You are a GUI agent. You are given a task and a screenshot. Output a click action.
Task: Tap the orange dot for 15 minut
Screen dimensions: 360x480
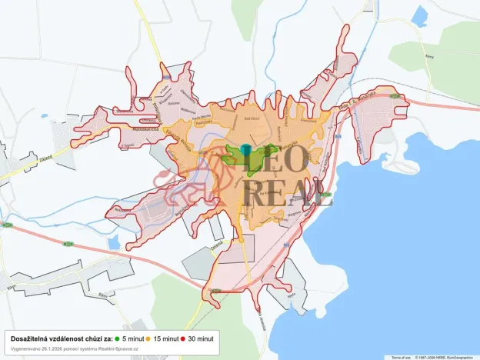[150, 338]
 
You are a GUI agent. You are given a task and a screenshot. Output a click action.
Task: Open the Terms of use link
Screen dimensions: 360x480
[401, 357]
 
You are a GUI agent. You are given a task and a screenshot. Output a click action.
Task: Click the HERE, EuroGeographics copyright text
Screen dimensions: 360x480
[447, 357]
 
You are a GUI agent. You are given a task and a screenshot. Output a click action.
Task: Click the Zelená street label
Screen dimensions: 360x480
[218, 247]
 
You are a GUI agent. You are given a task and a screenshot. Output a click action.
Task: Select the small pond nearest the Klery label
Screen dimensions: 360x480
[420, 15]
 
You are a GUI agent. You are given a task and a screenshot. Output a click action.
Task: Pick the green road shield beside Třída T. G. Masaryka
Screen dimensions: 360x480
[395, 96]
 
